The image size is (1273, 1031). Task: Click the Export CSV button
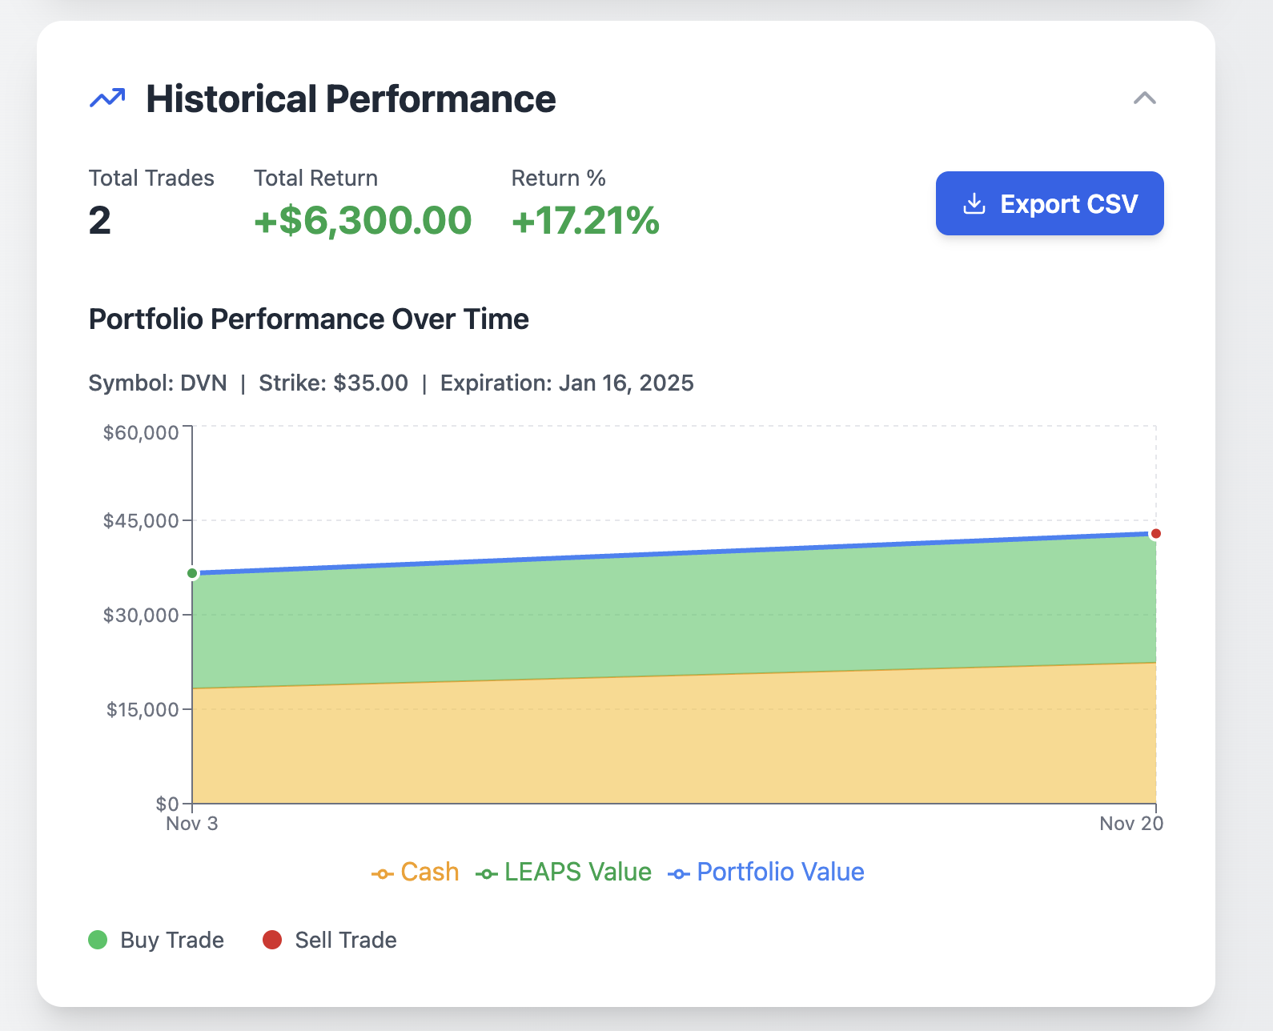(x=1049, y=203)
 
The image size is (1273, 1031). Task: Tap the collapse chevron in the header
(x=1144, y=98)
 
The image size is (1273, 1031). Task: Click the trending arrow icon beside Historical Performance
(x=107, y=98)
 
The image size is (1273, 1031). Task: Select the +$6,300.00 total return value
(x=363, y=221)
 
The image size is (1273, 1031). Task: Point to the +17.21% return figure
(x=585, y=221)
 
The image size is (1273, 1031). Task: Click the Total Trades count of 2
(x=100, y=221)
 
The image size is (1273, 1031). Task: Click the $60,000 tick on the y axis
(x=141, y=433)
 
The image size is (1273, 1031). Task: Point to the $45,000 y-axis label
(x=141, y=521)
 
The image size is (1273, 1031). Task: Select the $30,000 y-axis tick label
(x=141, y=616)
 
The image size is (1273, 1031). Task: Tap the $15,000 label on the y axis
(x=143, y=710)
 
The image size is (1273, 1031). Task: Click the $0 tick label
(x=167, y=804)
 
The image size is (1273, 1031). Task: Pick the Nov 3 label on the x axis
(x=191, y=824)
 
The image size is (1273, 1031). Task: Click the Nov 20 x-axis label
(x=1130, y=824)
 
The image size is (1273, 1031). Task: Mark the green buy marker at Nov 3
(x=192, y=573)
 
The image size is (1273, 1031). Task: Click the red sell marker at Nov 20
(x=1155, y=534)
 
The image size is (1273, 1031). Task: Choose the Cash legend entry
(x=416, y=872)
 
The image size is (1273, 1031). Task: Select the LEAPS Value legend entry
(x=564, y=872)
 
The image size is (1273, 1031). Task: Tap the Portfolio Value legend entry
(x=766, y=872)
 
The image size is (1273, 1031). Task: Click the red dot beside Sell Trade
(x=272, y=940)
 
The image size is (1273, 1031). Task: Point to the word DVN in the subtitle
(x=203, y=383)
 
